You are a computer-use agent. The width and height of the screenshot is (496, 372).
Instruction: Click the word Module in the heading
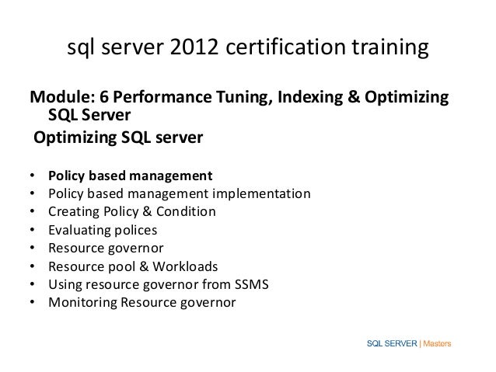pyautogui.click(x=58, y=99)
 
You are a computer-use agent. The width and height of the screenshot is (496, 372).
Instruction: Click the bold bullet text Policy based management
pyautogui.click(x=130, y=173)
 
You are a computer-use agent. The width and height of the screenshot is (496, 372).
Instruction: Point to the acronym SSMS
pyautogui.click(x=250, y=284)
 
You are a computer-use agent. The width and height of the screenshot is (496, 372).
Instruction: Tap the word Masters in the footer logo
pyautogui.click(x=438, y=342)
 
